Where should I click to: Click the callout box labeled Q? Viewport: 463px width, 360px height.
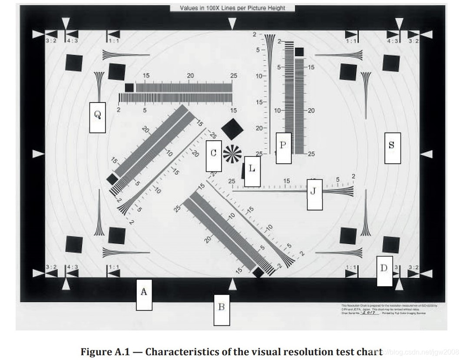[97, 117]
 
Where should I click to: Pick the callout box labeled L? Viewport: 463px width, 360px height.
[252, 172]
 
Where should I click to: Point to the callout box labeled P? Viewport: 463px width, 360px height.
[283, 148]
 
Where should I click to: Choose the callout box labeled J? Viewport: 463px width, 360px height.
[314, 194]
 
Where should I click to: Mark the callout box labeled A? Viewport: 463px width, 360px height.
[144, 294]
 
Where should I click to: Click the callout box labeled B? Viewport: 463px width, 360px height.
[221, 309]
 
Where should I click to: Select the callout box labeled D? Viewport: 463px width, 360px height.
[384, 271]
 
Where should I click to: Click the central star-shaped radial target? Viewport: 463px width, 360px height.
[232, 153]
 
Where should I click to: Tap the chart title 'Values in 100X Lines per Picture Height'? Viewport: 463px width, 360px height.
[232, 8]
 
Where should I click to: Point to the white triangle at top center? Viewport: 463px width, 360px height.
[233, 23]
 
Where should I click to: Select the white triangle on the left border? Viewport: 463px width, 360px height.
[39, 154]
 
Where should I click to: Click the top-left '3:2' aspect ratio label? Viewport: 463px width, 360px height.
[51, 41]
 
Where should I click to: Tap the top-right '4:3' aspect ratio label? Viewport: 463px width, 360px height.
[393, 41]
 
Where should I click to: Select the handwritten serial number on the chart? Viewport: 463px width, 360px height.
[370, 312]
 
